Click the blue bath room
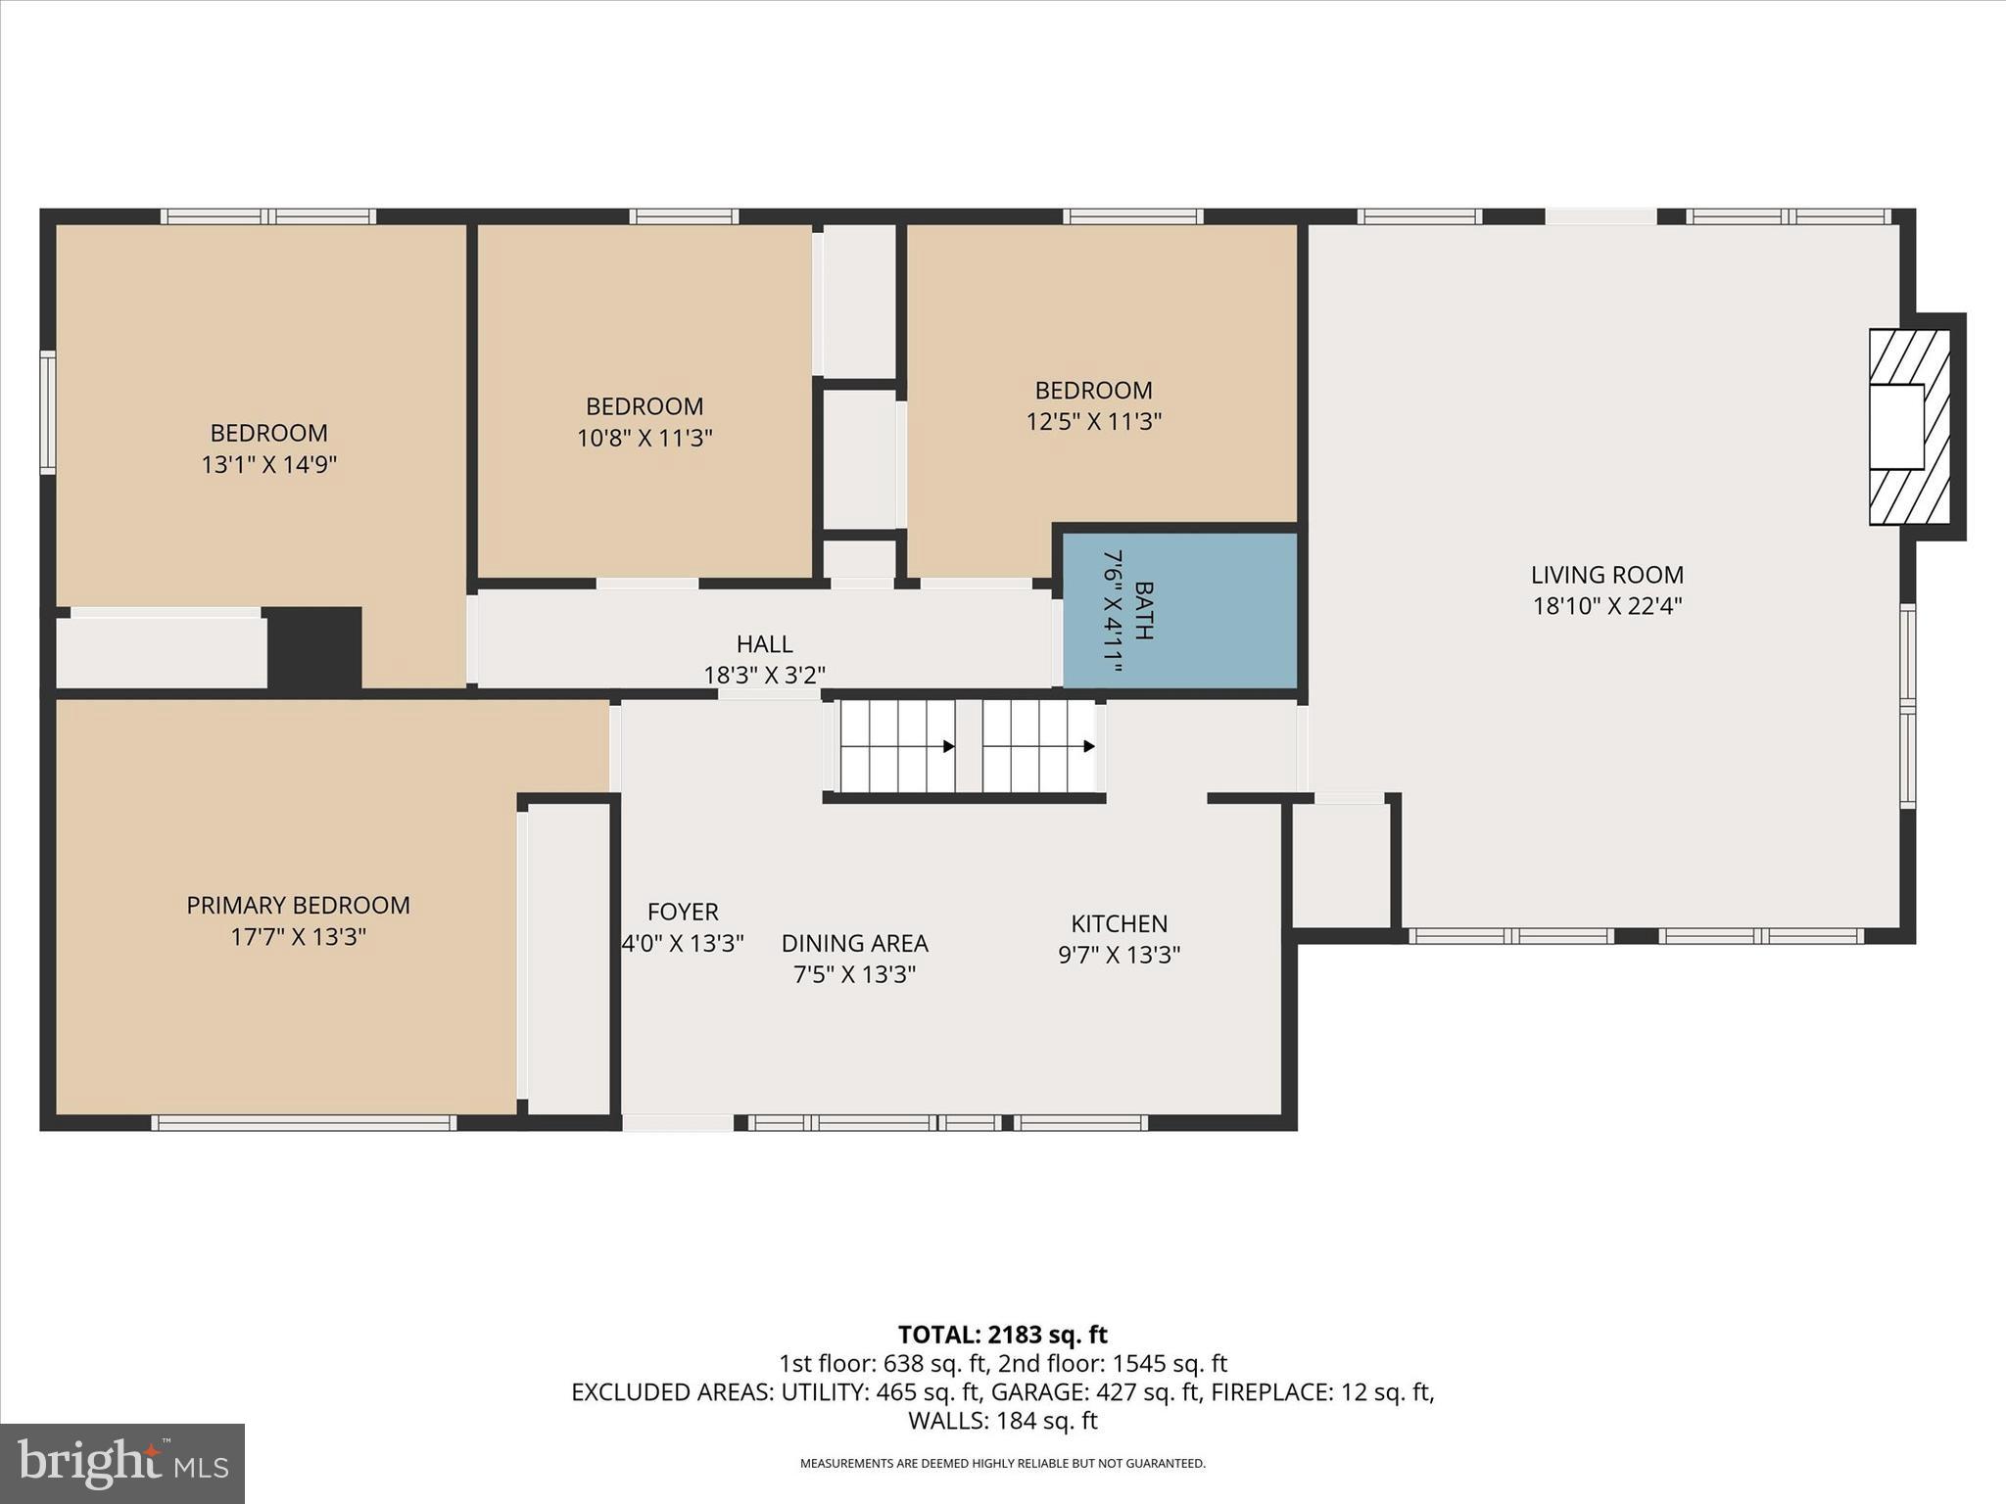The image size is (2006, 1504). point(1179,611)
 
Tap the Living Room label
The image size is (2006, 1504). point(1606,575)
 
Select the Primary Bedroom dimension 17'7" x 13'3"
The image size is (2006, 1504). point(298,937)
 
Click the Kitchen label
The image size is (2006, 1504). point(1119,923)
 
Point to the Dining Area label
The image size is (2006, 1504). point(854,943)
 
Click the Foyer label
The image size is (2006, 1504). point(683,912)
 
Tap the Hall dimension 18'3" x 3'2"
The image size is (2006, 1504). point(764,675)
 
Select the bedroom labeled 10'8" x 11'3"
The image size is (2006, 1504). point(644,421)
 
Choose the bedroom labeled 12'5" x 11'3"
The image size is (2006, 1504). point(1093,405)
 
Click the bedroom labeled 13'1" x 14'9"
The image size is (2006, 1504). point(268,447)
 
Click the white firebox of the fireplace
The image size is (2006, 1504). point(1896,426)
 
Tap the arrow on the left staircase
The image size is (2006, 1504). point(948,746)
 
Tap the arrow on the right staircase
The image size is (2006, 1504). point(1088,746)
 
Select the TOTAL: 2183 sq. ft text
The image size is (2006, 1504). point(1002,1335)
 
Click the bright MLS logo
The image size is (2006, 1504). point(122,1463)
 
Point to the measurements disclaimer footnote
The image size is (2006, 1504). point(1002,1464)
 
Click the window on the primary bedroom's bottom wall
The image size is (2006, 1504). point(304,1123)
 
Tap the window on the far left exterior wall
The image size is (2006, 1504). point(47,413)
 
